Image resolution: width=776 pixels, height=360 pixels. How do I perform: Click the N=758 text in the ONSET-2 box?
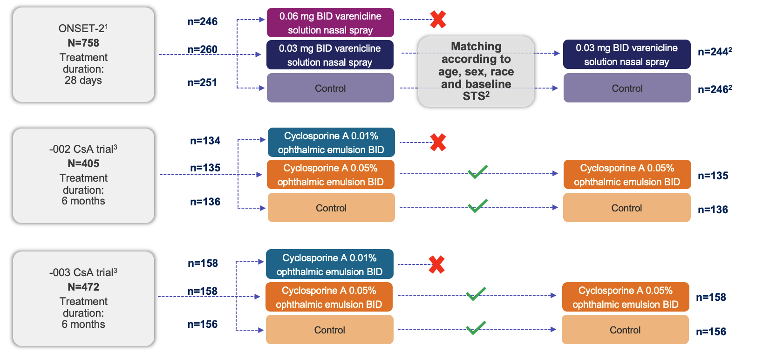[x=83, y=43]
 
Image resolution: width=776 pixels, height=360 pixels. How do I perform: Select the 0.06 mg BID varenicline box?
[x=330, y=23]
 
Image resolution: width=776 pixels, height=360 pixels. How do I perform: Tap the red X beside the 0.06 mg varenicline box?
[x=438, y=20]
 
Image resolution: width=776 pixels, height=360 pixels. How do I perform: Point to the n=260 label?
[x=202, y=49]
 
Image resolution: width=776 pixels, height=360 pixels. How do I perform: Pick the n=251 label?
[x=202, y=82]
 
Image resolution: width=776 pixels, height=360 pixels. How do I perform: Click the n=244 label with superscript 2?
[x=715, y=52]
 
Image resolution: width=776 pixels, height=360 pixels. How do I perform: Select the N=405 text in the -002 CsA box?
[x=83, y=163]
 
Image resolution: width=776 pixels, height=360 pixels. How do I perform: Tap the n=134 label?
[x=205, y=141]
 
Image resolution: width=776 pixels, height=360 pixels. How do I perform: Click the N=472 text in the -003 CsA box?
[x=83, y=287]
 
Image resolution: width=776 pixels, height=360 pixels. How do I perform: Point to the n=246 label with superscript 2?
[x=715, y=89]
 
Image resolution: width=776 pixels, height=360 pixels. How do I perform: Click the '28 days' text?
[x=83, y=80]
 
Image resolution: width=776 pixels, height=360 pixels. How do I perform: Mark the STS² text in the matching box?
[x=476, y=96]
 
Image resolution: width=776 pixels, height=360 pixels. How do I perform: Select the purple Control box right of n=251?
[x=330, y=88]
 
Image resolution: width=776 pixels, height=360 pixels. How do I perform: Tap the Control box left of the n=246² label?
[x=627, y=88]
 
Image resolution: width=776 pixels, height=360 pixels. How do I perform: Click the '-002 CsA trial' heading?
[x=83, y=149]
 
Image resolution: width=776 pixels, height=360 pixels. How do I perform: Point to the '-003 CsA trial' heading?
[x=83, y=272]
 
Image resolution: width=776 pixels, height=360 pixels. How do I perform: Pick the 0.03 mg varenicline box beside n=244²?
[x=626, y=54]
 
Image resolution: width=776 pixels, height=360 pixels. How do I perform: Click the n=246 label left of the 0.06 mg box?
[x=202, y=21]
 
